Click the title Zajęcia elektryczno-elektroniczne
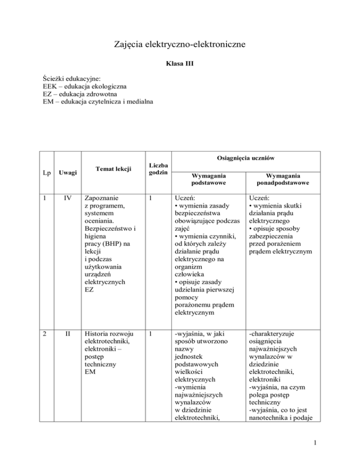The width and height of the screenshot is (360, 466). [x=180, y=45]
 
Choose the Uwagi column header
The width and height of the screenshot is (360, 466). [x=68, y=173]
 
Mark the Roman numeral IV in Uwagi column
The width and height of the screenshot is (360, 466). [x=68, y=198]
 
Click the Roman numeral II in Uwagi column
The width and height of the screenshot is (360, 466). [x=68, y=334]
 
